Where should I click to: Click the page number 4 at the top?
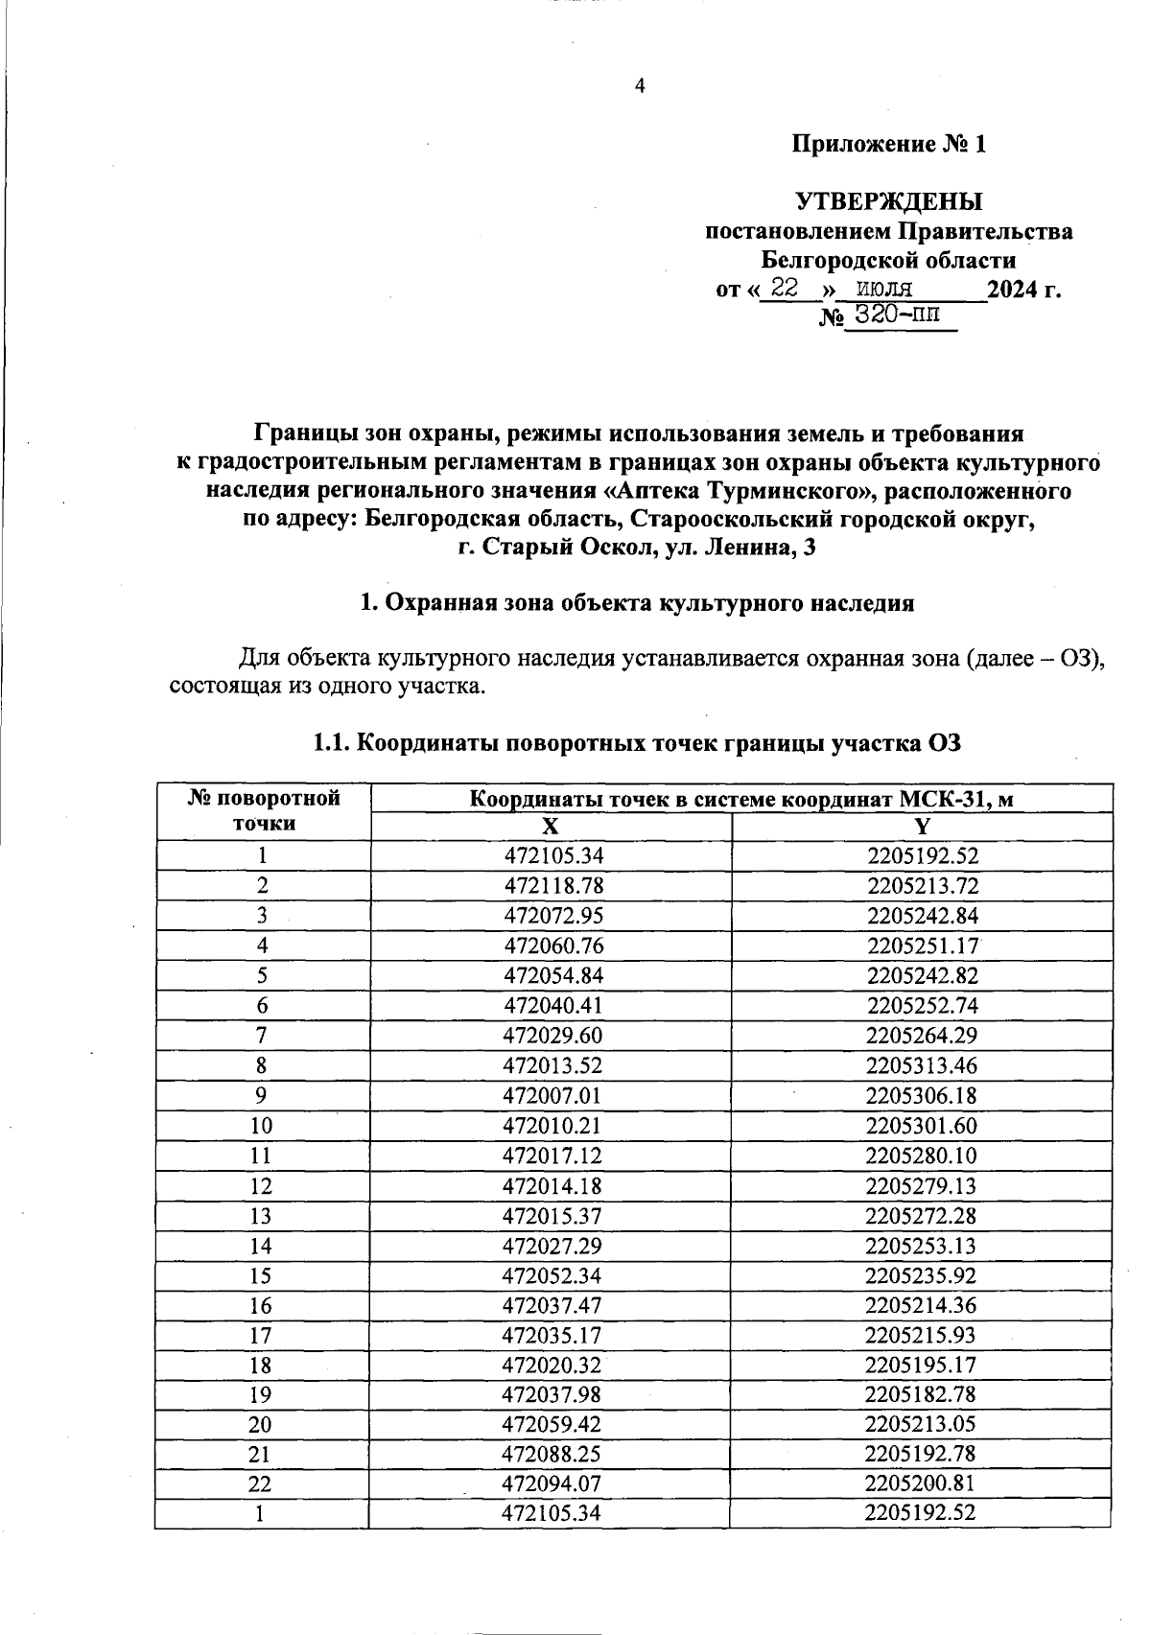tap(641, 86)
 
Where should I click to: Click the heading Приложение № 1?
tap(888, 145)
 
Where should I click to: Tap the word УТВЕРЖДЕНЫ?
tap(888, 202)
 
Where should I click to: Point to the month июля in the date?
tap(883, 289)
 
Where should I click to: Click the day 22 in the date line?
tap(784, 289)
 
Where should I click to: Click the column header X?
tap(550, 828)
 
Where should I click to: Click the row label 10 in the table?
tap(261, 1126)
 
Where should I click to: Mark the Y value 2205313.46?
tap(921, 1065)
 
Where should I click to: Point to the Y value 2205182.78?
tap(920, 1394)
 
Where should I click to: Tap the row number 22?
tap(260, 1484)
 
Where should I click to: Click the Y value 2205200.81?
tap(920, 1484)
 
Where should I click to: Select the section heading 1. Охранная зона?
tap(636, 604)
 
